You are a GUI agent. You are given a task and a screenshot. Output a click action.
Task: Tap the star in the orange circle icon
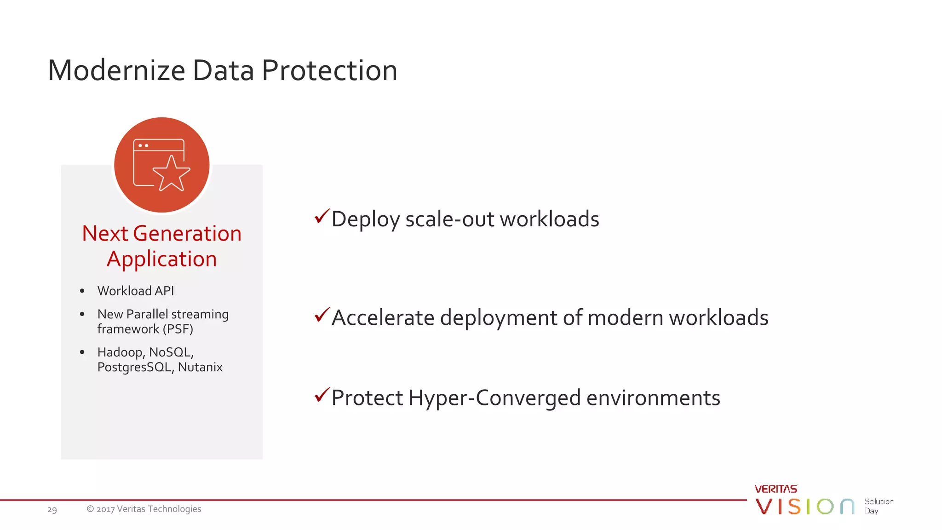click(x=172, y=173)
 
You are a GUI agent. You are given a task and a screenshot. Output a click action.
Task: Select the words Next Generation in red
click(x=161, y=233)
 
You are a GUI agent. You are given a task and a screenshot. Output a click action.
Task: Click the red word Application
click(x=161, y=259)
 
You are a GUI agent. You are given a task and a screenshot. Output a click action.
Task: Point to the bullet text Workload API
click(x=136, y=291)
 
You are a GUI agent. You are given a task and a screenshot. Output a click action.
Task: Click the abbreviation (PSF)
click(x=178, y=329)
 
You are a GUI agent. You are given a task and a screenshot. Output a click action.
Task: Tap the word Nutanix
click(x=200, y=367)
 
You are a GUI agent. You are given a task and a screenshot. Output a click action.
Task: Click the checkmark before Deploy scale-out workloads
click(x=322, y=216)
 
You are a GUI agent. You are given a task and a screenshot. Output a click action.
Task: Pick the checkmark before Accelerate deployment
click(x=322, y=315)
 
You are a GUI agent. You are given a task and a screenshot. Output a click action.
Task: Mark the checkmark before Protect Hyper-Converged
click(x=322, y=395)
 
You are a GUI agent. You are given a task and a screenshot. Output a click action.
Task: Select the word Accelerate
click(x=383, y=318)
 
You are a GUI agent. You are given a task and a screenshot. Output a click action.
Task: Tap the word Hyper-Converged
click(x=494, y=398)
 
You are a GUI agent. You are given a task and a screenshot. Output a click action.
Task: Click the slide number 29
click(x=52, y=509)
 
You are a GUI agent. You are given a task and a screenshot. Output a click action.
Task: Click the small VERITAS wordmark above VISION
click(x=776, y=489)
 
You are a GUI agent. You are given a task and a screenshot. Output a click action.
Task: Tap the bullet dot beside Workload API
click(x=82, y=291)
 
